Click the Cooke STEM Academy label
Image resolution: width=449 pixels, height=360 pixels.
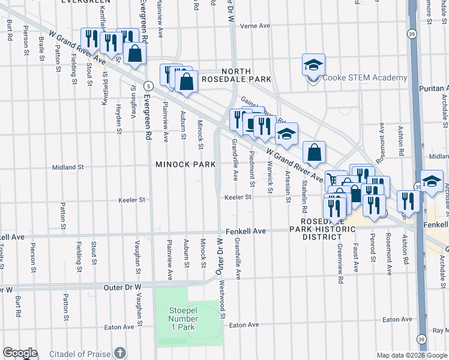click(x=364, y=77)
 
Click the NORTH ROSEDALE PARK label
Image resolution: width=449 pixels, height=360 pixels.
click(x=237, y=75)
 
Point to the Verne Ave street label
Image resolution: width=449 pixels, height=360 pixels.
click(x=255, y=26)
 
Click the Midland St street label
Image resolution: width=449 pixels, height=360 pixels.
click(x=67, y=167)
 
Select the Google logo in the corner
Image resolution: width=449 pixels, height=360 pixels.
click(x=20, y=353)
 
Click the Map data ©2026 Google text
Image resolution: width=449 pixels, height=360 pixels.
click(x=412, y=355)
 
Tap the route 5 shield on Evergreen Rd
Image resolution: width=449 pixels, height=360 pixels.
click(x=148, y=86)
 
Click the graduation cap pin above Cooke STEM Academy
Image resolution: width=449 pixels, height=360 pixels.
click(x=313, y=66)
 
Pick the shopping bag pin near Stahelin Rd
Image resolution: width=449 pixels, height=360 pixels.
click(x=314, y=154)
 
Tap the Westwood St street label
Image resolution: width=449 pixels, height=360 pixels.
click(x=222, y=299)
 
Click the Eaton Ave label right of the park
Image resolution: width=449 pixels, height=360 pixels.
click(x=244, y=325)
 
